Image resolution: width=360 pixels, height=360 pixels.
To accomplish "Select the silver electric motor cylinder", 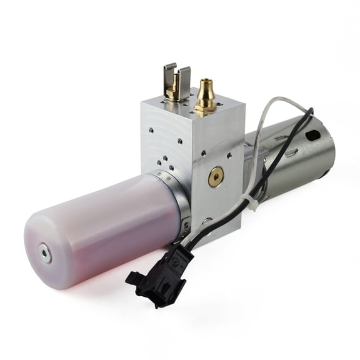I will pyautogui.click(x=294, y=156).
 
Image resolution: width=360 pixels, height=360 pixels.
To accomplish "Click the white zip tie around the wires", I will pyautogui.click(x=251, y=201).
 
